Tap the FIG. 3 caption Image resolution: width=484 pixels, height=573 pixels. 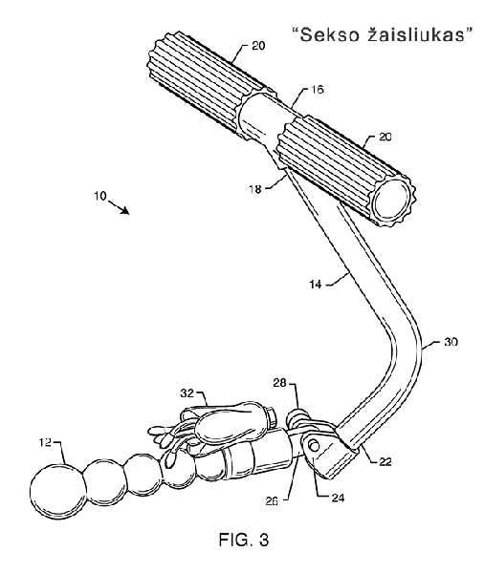point(244,540)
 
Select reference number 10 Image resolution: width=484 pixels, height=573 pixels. point(99,196)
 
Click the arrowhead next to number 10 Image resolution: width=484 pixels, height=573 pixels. point(125,210)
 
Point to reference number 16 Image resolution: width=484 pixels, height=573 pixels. point(318,90)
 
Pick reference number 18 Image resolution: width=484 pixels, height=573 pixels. point(255,189)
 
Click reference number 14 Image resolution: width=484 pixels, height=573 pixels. point(316,284)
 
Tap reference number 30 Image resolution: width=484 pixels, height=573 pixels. point(451,342)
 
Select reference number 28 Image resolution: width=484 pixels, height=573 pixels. point(279,383)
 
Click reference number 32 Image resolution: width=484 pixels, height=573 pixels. point(187,393)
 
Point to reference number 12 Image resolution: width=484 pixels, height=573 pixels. point(45,442)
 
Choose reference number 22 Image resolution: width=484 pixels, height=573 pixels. point(385,461)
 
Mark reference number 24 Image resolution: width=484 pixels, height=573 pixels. point(338,498)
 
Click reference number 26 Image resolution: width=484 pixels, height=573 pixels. point(272,500)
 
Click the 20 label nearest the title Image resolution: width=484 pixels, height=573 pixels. point(258,46)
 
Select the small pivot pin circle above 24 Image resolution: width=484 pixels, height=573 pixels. point(314,445)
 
